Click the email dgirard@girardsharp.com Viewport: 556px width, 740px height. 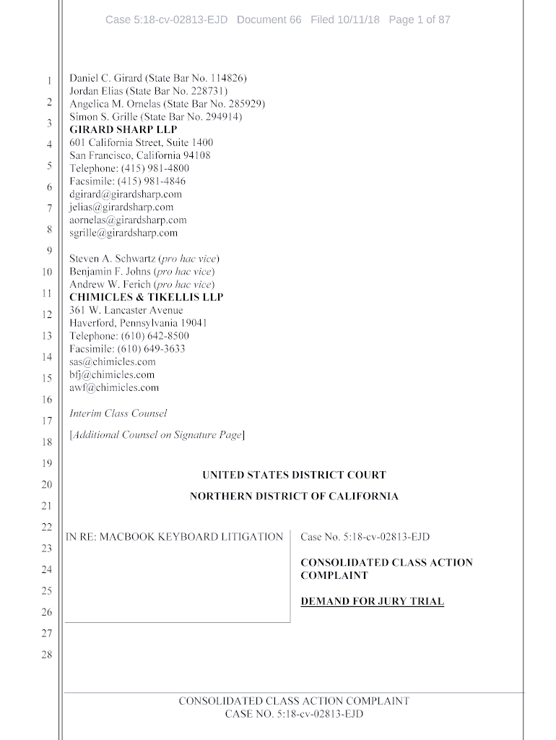point(126,194)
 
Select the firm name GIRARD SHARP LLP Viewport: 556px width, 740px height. point(123,129)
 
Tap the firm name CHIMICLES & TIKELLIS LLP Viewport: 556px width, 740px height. point(146,297)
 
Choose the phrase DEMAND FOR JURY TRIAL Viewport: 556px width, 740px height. point(372,601)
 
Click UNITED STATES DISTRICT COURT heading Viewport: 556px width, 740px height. point(294,475)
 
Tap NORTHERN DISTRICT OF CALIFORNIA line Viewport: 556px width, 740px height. point(294,496)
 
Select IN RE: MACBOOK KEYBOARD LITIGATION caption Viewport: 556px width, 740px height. point(175,537)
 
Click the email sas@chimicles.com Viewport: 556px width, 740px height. point(113,361)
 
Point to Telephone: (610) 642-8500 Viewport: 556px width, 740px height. point(129,336)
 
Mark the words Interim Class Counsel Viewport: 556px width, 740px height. point(118,413)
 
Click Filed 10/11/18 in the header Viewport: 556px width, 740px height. point(345,20)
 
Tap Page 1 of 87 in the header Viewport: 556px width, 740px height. point(420,20)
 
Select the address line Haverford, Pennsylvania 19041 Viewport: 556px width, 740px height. point(138,323)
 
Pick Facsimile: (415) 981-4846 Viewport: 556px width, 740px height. point(127,181)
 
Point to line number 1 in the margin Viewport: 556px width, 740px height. point(48,80)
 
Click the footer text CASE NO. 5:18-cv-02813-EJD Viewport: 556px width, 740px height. point(294,714)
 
